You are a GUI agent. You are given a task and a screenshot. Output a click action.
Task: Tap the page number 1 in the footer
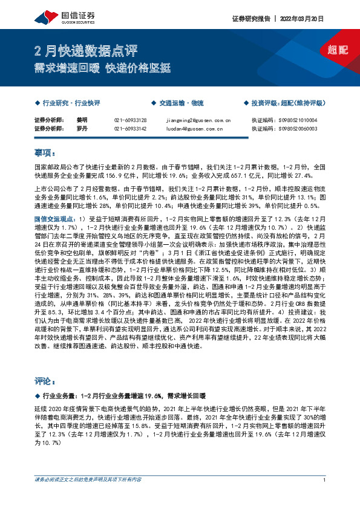click(325, 497)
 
